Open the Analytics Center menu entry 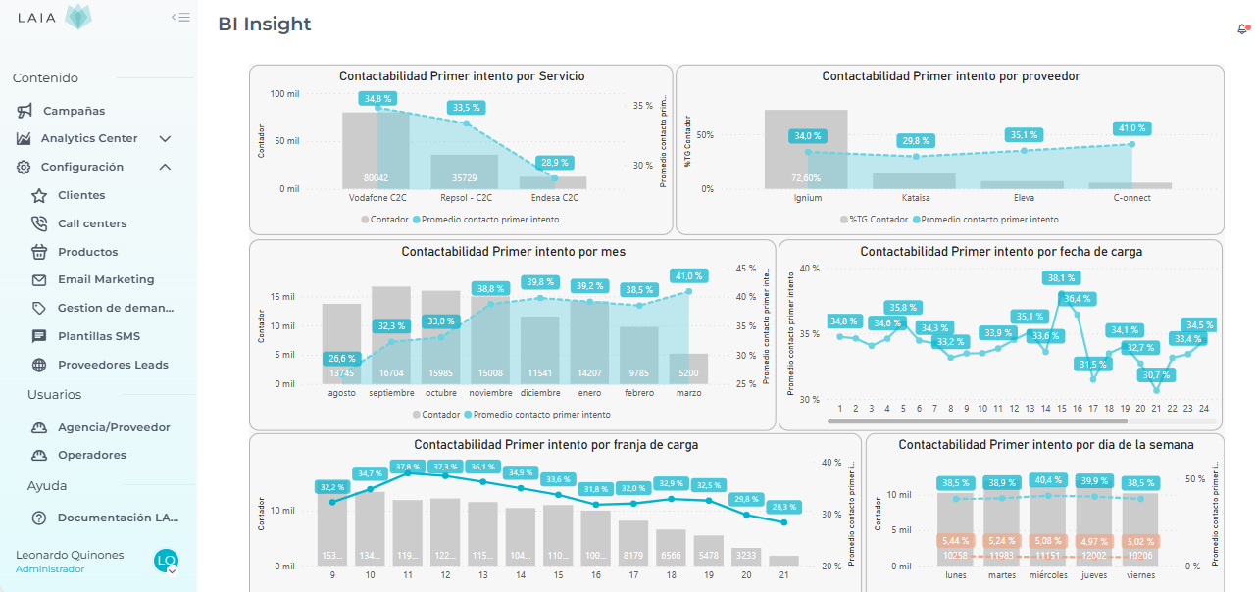pos(88,139)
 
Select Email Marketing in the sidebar pos(105,280)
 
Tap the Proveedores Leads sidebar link pos(112,365)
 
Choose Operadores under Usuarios pos(91,455)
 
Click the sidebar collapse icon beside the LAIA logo pos(180,17)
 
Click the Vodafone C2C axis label pos(377,197)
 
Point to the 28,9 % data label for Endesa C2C pos(555,163)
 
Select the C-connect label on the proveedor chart pos(1132,197)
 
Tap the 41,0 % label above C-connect pos(1131,128)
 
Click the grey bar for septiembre pos(391,333)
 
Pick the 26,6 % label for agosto pos(343,359)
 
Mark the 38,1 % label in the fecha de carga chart pos(1061,277)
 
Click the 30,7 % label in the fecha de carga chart pos(1157,375)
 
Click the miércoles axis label pos(1048,575)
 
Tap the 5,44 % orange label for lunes pos(955,541)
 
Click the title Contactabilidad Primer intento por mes pos(513,252)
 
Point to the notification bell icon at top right pos(1242,29)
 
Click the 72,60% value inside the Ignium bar pos(806,178)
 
